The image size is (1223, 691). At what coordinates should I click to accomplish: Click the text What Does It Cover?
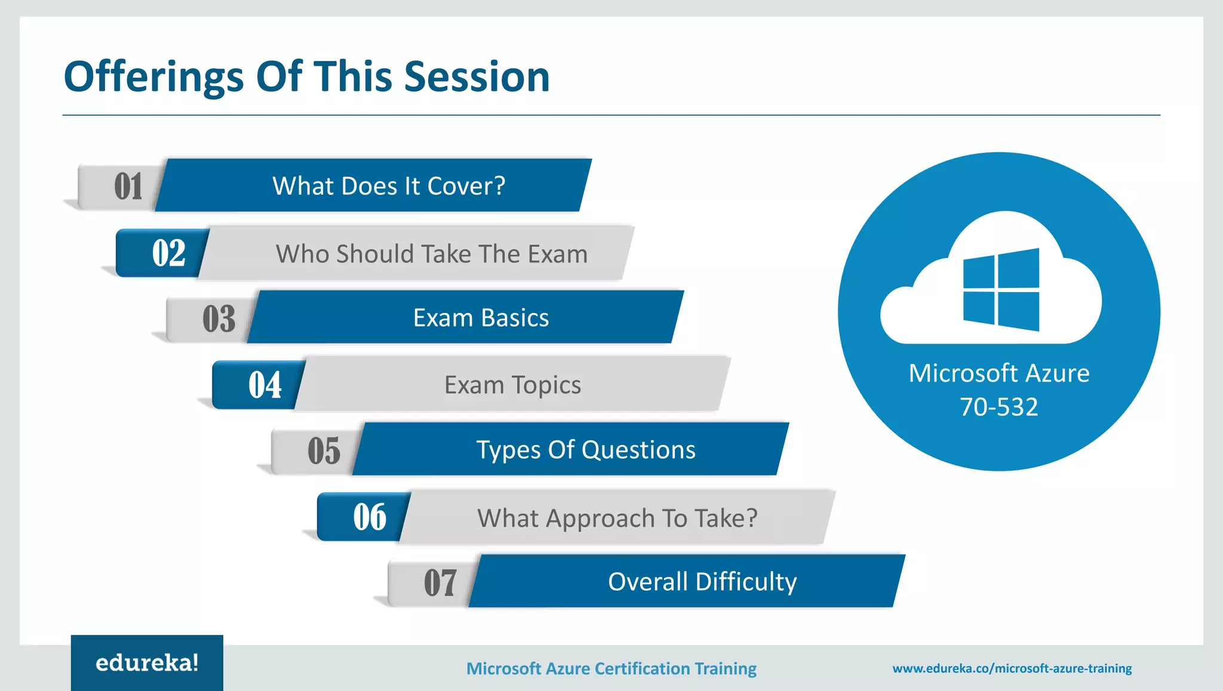pyautogui.click(x=389, y=186)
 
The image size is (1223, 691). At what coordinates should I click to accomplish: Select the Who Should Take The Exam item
pyautogui.click(x=431, y=254)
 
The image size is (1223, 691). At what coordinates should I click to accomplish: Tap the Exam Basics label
pyautogui.click(x=481, y=318)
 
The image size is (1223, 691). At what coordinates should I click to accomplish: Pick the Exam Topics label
pyautogui.click(x=512, y=385)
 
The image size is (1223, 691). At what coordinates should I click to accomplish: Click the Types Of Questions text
pyautogui.click(x=585, y=450)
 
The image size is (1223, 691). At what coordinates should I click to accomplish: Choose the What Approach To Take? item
pyautogui.click(x=617, y=518)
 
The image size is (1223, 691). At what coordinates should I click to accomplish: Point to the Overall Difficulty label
pyautogui.click(x=702, y=582)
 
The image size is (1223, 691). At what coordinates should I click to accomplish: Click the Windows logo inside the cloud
pyautogui.click(x=1001, y=290)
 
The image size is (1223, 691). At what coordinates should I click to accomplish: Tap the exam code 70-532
pyautogui.click(x=998, y=407)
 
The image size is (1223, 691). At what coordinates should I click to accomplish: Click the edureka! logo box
pyautogui.click(x=147, y=662)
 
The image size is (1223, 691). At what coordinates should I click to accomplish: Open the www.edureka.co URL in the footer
pyautogui.click(x=1012, y=668)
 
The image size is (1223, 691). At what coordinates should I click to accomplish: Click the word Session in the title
pyautogui.click(x=476, y=77)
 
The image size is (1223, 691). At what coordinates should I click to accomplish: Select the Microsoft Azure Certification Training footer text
pyautogui.click(x=611, y=668)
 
